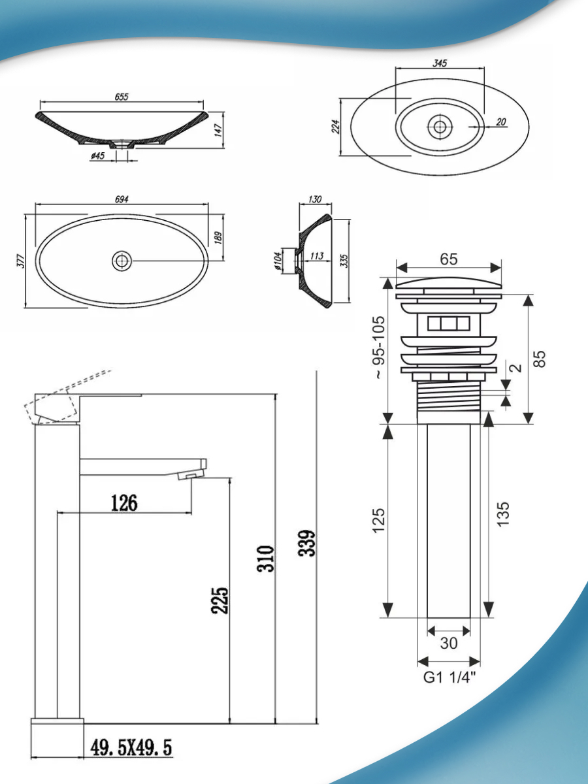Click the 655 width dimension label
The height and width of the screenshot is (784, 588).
point(122,97)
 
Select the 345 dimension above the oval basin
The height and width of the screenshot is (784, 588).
point(440,63)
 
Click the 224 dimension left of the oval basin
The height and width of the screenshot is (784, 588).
point(336,126)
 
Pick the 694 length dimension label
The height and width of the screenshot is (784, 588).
point(122,199)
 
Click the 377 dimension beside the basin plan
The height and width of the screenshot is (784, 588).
point(20,260)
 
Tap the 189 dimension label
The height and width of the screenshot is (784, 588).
point(219,237)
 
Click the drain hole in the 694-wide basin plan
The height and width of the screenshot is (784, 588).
point(122,261)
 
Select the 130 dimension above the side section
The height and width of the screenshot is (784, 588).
point(316,199)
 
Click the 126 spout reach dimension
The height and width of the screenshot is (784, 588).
point(124,503)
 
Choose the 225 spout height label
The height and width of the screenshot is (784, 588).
point(220,600)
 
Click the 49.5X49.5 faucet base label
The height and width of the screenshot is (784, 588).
point(131,747)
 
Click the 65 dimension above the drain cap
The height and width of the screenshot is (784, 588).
point(448,259)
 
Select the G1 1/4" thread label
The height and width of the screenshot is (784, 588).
point(449,678)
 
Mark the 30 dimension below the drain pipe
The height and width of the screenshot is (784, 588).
point(449,643)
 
